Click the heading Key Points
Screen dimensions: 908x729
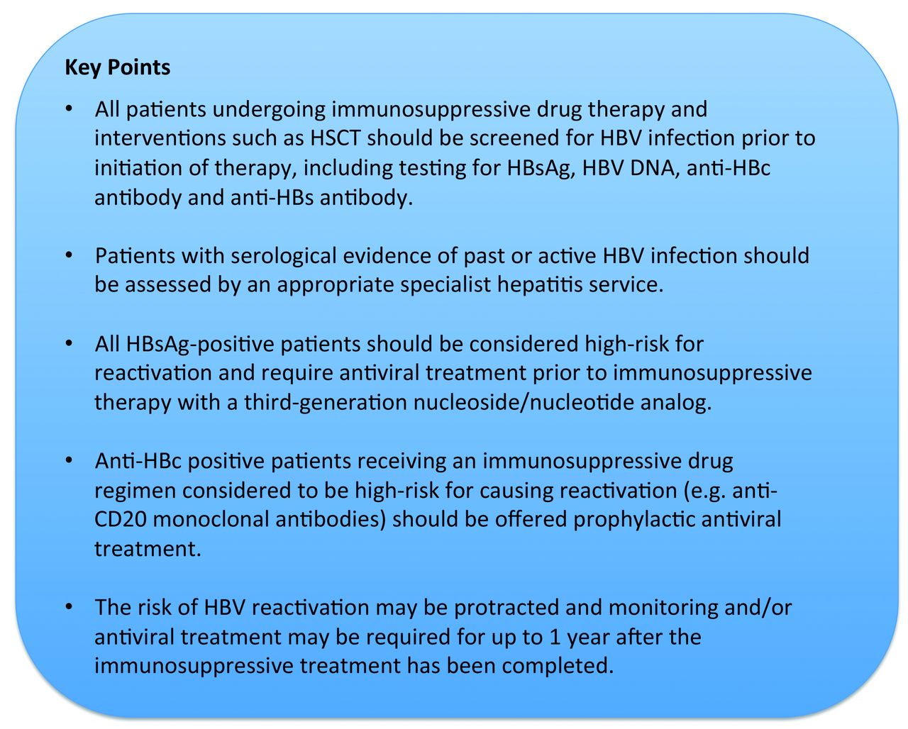117,67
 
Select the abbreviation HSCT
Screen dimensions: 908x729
335,138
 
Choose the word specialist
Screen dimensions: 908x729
445,285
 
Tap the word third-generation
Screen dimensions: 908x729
326,403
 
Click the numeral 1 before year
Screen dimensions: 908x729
555,638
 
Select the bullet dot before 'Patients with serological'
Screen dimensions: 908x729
70,256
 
